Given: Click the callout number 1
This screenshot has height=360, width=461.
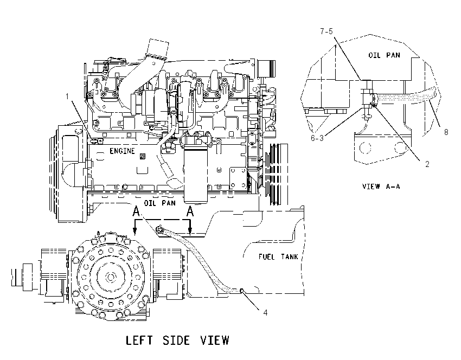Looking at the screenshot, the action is pos(67,97).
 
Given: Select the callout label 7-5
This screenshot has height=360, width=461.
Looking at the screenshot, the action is pos(326,31).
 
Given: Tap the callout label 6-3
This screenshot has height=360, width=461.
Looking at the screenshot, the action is pos(317,138).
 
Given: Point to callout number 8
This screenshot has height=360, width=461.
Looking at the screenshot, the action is pos(446,132).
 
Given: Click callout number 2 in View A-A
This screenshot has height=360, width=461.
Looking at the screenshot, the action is pos(427,164).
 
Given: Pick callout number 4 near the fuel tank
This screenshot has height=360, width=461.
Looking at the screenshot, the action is pos(265,313).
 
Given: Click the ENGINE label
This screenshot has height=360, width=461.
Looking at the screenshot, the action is pos(122,151).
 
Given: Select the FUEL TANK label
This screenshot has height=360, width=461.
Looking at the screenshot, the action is pos(278,257).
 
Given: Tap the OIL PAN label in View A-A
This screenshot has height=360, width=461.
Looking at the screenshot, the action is pos(384,55).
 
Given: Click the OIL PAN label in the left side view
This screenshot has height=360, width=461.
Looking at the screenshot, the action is pos(159,203).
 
